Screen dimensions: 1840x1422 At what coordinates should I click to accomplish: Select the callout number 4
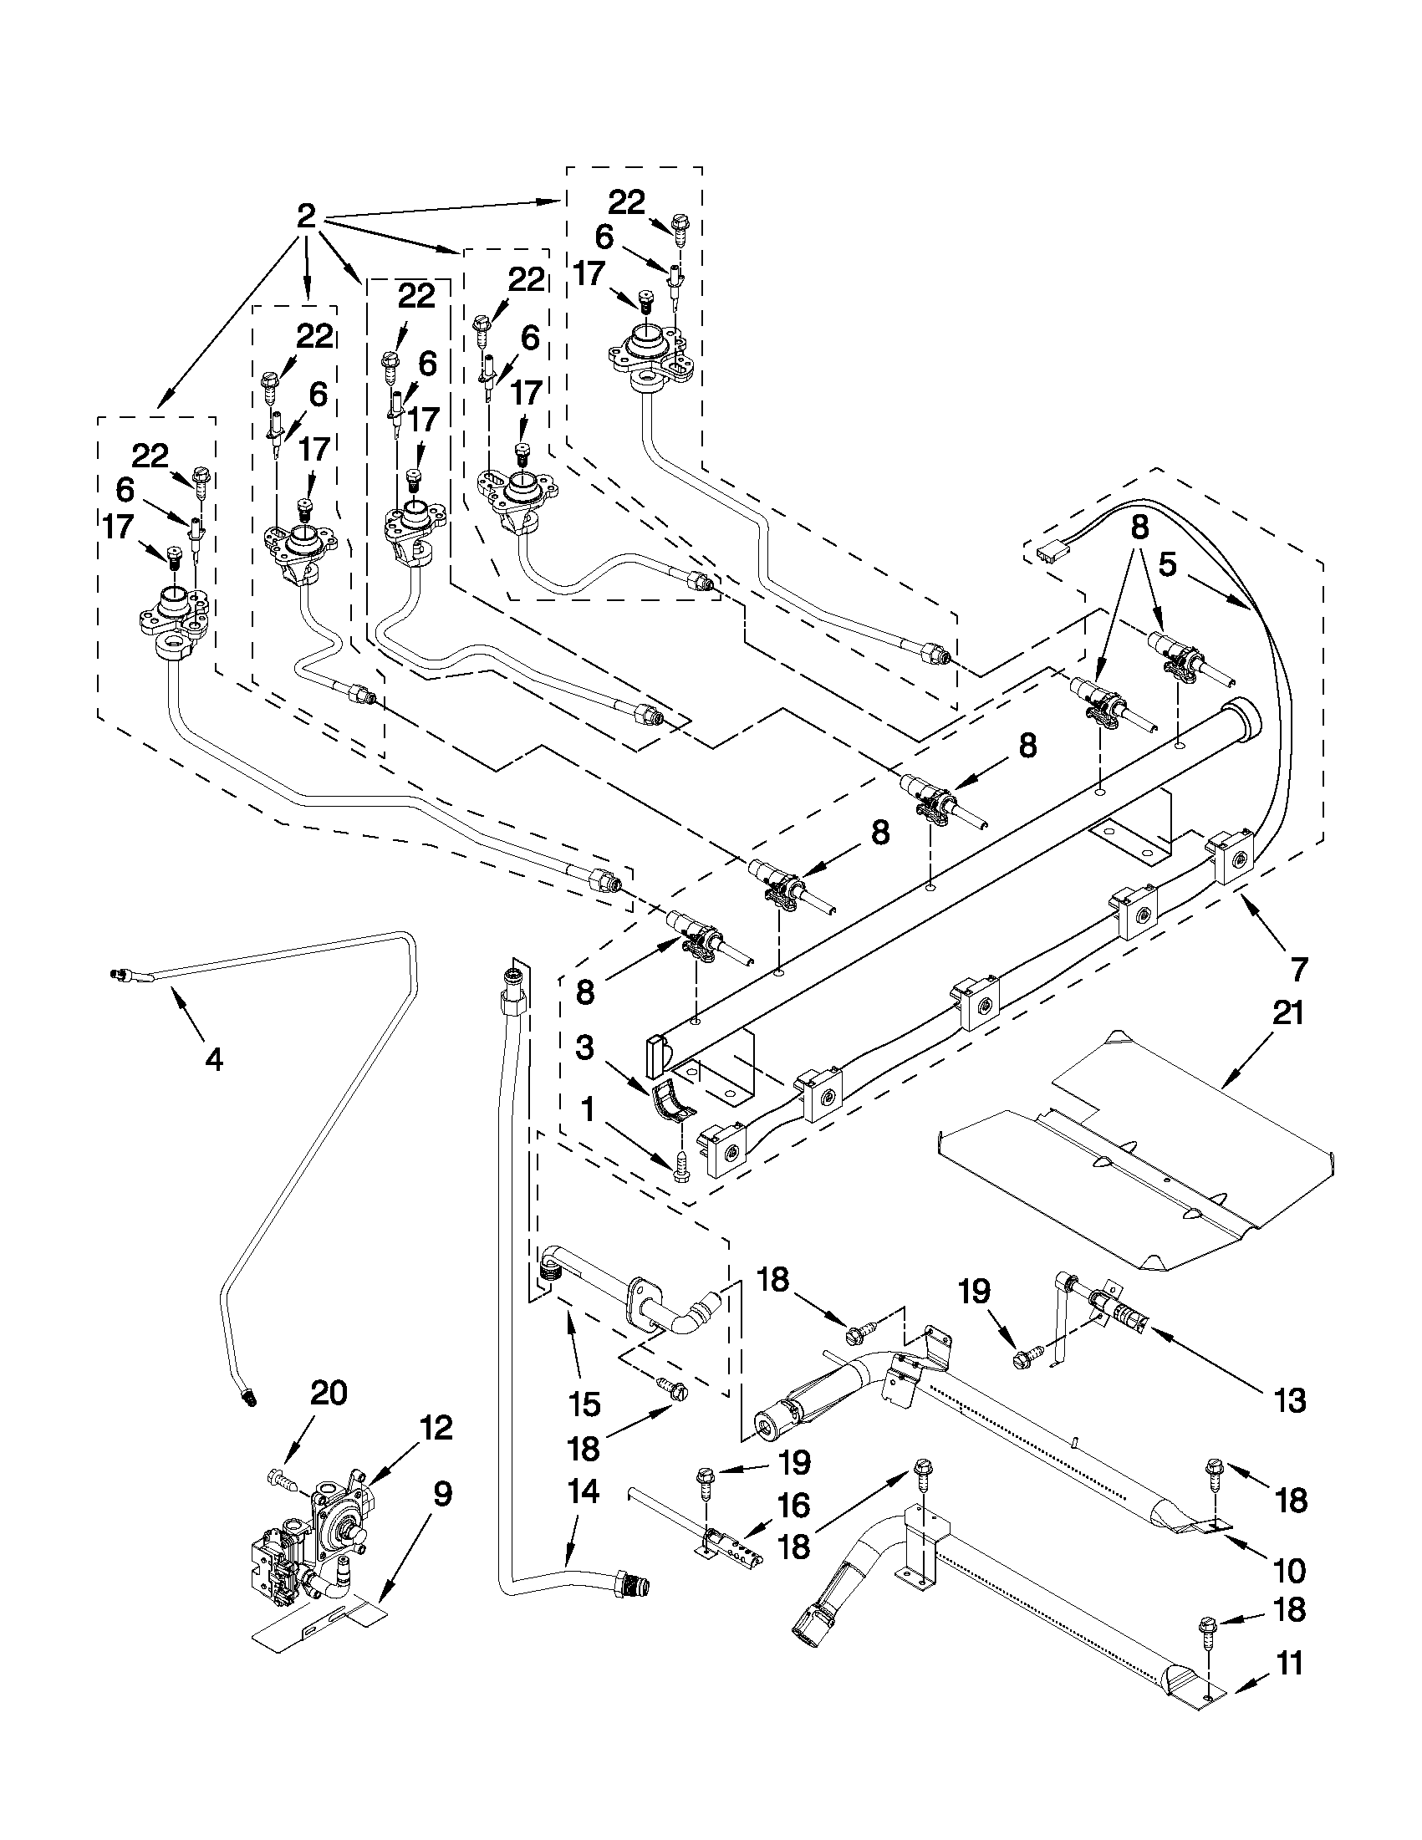coord(214,1060)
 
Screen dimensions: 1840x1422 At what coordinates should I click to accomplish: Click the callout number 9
coord(442,1496)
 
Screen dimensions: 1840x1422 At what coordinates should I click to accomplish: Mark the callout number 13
coord(1290,1401)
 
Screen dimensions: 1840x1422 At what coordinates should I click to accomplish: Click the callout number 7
coord(1298,971)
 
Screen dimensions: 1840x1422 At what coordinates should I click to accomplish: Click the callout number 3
coord(585,1048)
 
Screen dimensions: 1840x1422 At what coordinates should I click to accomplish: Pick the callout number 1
coord(588,1109)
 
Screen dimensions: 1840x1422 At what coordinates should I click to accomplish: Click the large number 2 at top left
coord(306,217)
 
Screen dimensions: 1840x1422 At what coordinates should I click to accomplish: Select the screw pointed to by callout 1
coord(682,1170)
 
